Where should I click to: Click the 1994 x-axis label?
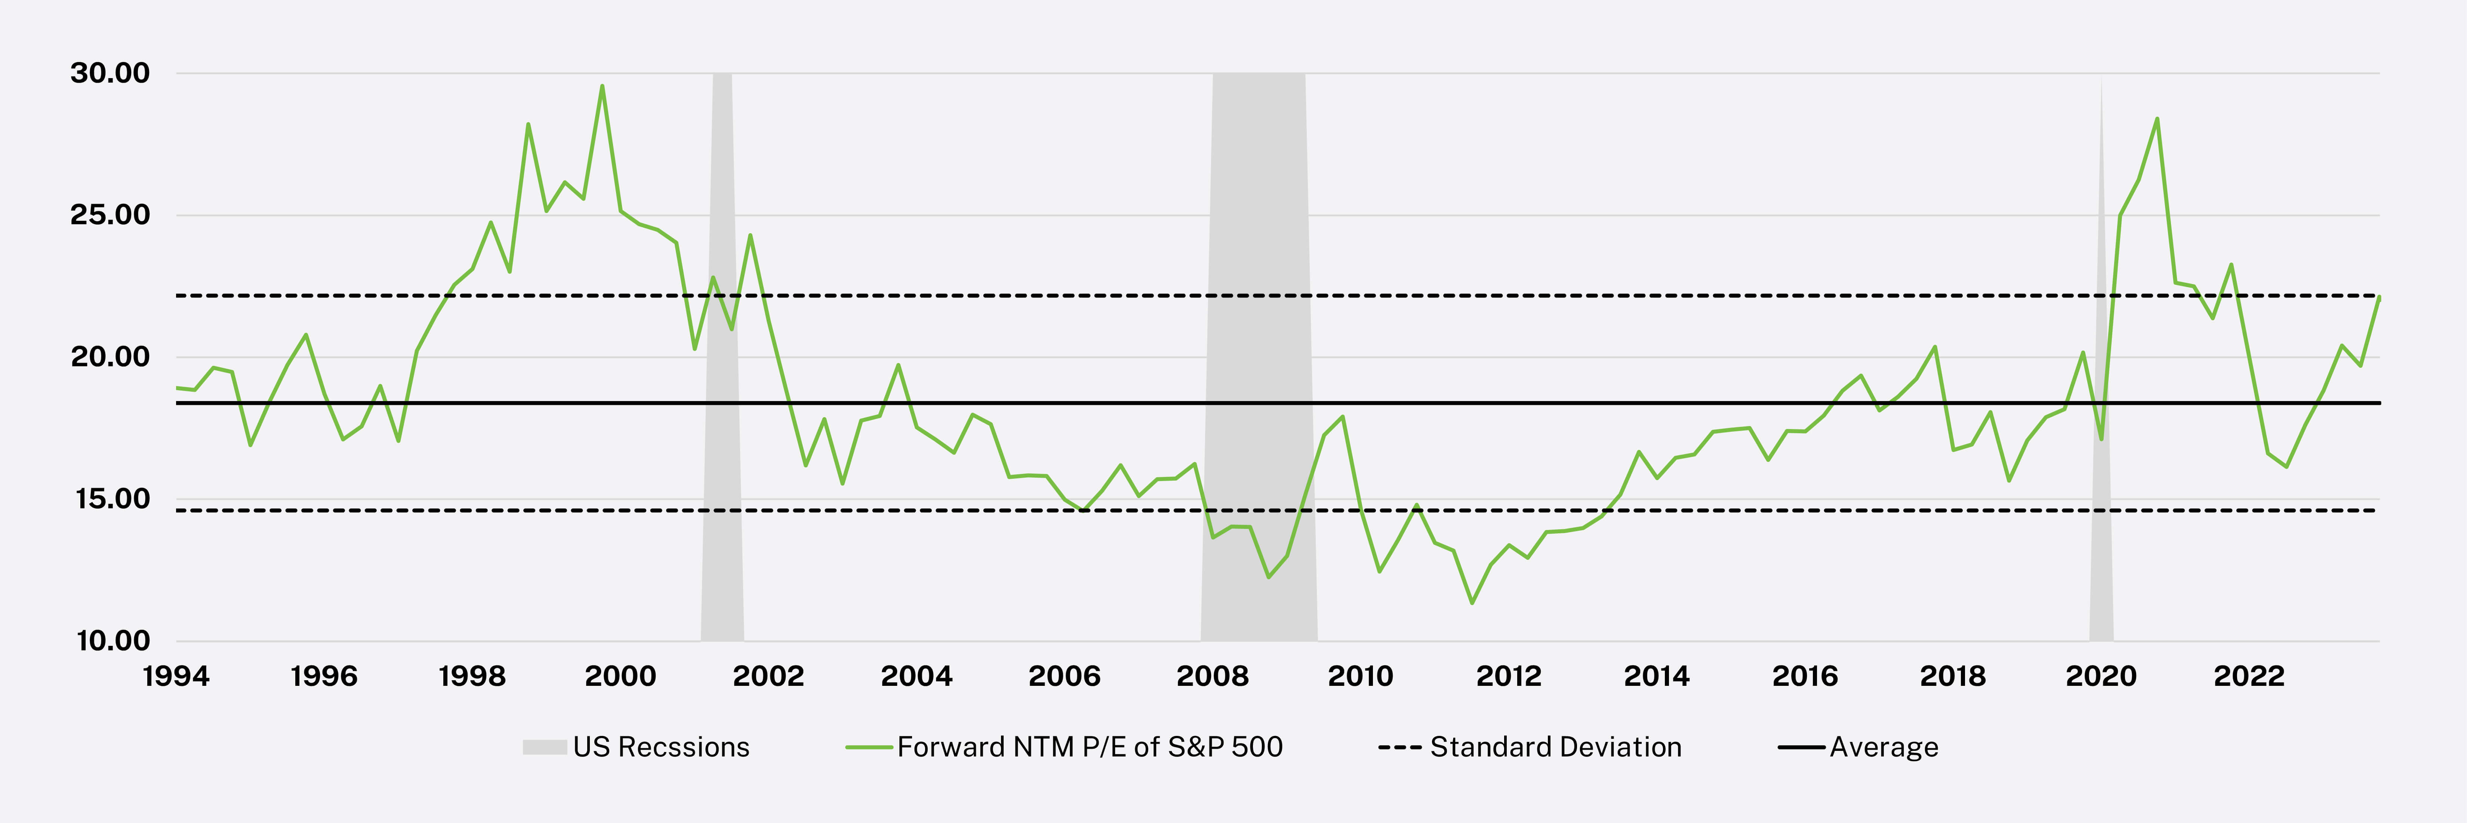[176, 676]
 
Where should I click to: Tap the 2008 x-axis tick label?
[1213, 676]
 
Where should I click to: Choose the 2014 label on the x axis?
[1657, 676]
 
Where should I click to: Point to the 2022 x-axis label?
[2249, 676]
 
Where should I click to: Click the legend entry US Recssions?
[661, 747]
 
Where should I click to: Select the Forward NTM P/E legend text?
[1089, 747]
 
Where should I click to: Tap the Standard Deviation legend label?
[1555, 747]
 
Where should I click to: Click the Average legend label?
[1883, 747]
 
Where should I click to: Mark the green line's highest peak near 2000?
[601, 86]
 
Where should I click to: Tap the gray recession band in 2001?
[722, 383]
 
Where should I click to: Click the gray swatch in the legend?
[544, 747]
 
